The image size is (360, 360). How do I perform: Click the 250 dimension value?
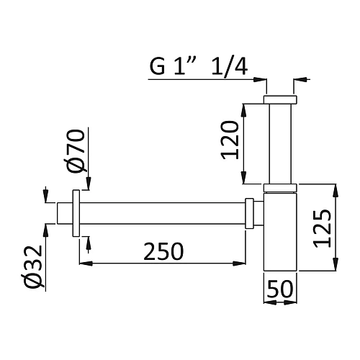click(163, 251)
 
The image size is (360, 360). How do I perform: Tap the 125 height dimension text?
click(323, 228)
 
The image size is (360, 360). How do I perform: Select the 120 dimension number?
click(230, 140)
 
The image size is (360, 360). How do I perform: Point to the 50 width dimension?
click(280, 289)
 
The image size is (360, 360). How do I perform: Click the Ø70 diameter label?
click(76, 150)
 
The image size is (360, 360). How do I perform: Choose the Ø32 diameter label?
click(34, 266)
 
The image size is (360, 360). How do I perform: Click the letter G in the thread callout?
click(157, 66)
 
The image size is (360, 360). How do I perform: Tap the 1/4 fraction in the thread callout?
click(230, 67)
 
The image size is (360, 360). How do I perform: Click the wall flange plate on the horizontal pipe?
click(76, 213)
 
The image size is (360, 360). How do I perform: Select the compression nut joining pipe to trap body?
click(249, 213)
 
